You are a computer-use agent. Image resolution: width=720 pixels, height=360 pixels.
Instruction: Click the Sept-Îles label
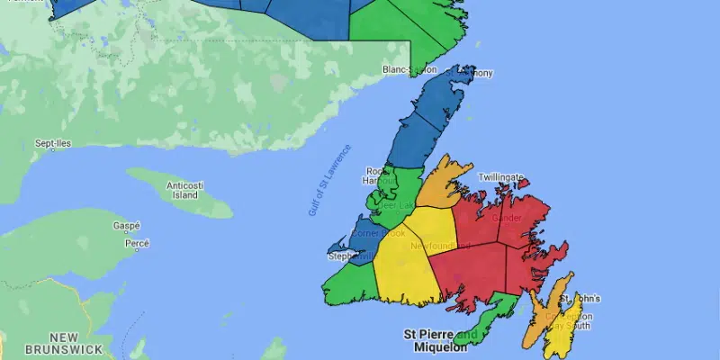pos(52,143)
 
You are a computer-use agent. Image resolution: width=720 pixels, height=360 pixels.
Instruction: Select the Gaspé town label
pos(126,226)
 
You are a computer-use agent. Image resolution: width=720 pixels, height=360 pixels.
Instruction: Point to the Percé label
pos(136,243)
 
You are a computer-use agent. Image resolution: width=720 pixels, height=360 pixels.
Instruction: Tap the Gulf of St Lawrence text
pos(327,179)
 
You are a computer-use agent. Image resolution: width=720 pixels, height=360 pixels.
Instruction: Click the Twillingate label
pos(500,177)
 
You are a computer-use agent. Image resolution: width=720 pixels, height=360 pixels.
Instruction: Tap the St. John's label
pos(580,299)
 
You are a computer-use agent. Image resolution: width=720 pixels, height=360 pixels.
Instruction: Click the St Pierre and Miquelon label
pos(440,339)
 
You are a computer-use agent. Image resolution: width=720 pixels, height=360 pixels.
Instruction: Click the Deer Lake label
pos(395,204)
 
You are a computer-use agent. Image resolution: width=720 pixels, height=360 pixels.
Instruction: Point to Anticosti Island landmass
pos(180,193)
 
